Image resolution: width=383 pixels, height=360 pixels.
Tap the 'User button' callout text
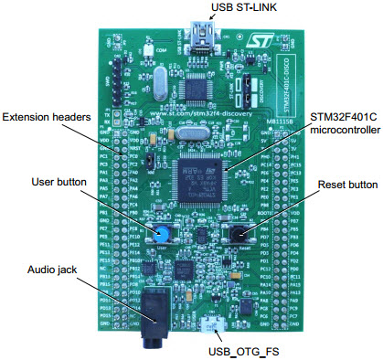(x=56, y=182)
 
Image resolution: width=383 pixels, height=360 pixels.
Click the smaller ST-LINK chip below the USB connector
(x=197, y=88)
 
